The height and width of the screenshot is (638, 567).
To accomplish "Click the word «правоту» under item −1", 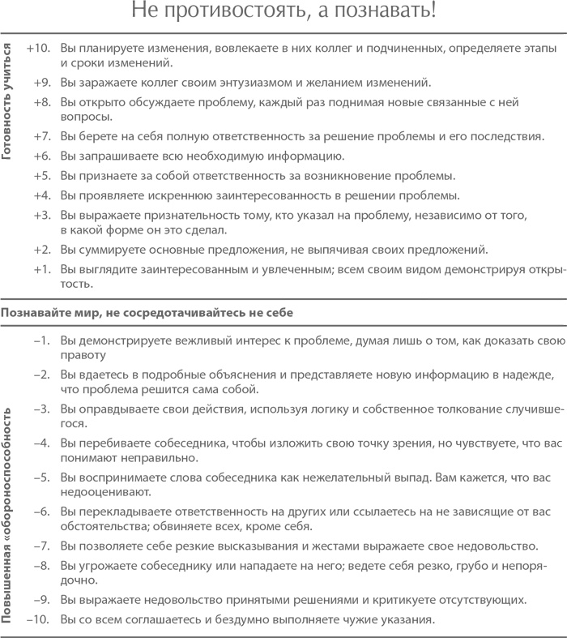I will pyautogui.click(x=83, y=354).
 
